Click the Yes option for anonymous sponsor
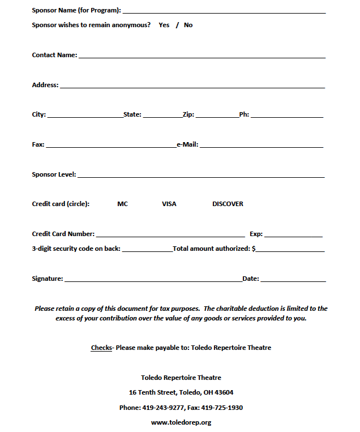click(164, 25)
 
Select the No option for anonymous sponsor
click(188, 25)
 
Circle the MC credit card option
click(122, 204)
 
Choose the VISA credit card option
click(169, 204)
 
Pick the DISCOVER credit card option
click(228, 204)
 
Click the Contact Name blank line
click(202, 56)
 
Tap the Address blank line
click(192, 86)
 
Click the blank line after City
click(85, 116)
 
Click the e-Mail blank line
click(261, 146)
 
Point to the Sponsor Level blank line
click(201, 176)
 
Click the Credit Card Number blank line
click(170, 235)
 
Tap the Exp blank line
click(293, 235)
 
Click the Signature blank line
click(153, 280)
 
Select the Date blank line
click(293, 280)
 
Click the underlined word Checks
click(101, 348)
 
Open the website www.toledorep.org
click(181, 422)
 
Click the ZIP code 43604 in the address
click(224, 392)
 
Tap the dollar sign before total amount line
click(254, 249)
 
